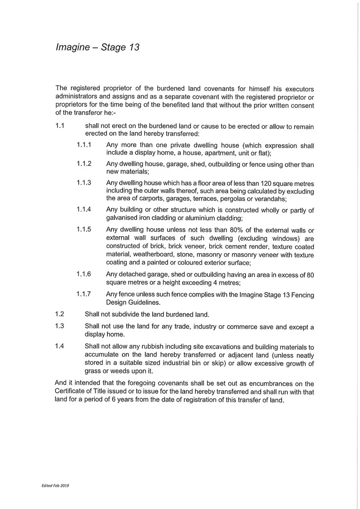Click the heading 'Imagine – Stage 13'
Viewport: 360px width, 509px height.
(98, 48)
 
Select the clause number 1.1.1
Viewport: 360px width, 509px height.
(84, 145)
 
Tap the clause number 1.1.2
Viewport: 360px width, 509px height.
(84, 164)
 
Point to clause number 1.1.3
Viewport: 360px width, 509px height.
(84, 182)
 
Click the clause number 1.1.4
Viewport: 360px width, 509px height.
(84, 209)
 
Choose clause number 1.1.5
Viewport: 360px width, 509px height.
(84, 230)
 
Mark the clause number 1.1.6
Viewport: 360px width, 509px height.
(84, 274)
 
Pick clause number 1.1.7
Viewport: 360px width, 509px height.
(84, 294)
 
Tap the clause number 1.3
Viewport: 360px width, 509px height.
(59, 326)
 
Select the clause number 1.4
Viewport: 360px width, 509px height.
(59, 346)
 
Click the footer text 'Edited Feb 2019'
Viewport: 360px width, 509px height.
(55, 485)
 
